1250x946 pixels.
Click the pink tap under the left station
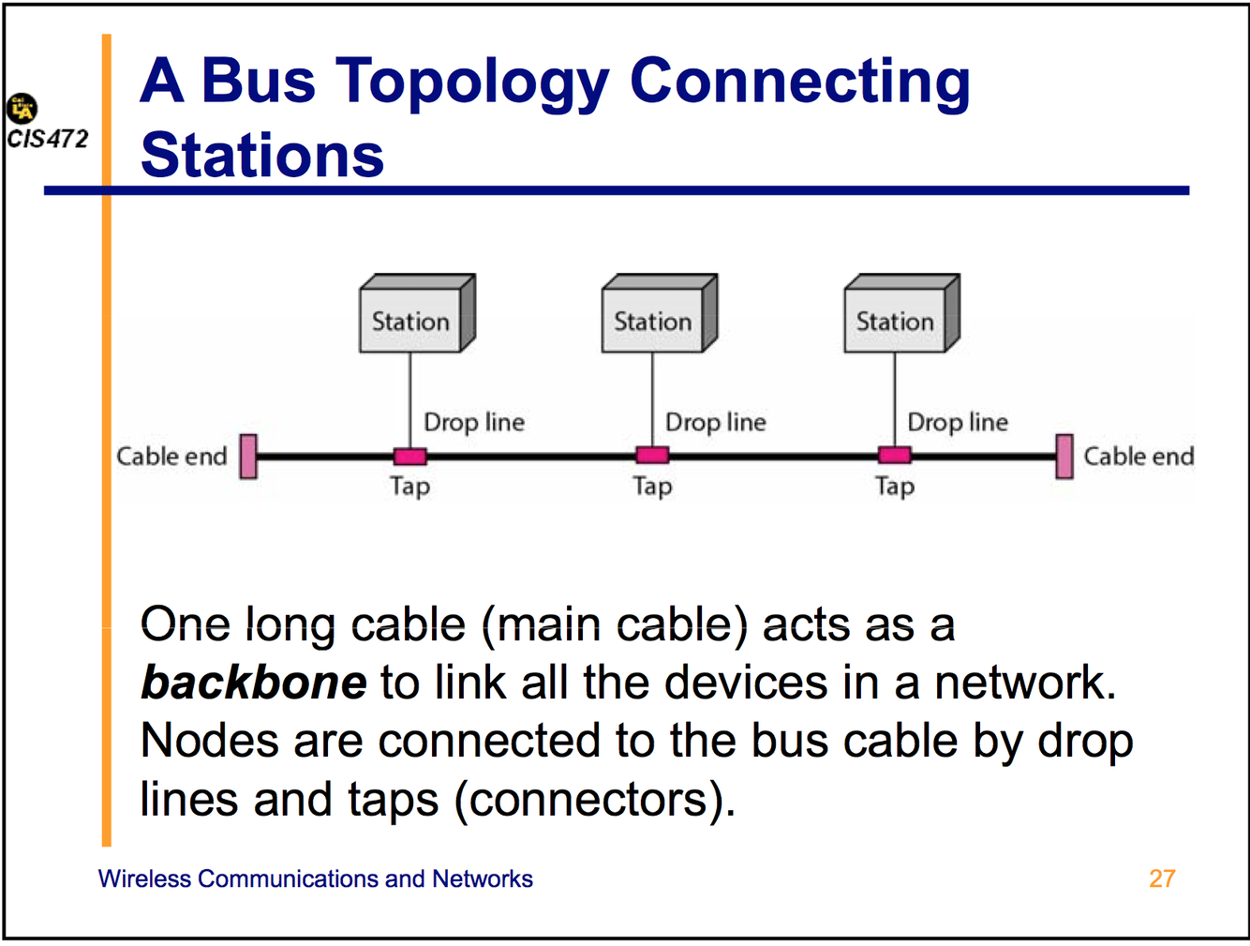coord(409,457)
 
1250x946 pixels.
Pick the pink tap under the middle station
coord(652,456)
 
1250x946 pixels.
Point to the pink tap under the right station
coord(895,456)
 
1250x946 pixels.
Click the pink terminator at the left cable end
coord(248,457)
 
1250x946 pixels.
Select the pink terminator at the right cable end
coord(1064,457)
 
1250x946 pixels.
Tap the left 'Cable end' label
coord(171,457)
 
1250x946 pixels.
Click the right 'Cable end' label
coord(1138,457)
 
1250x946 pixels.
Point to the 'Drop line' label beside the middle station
coord(715,423)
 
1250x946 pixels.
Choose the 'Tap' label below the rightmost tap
coord(895,487)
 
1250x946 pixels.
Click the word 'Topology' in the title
coord(473,83)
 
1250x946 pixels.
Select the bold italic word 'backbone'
coord(253,683)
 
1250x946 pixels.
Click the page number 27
coord(1162,878)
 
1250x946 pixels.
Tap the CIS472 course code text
coord(48,139)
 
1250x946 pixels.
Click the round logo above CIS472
coord(22,109)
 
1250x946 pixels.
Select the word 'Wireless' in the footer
coord(144,878)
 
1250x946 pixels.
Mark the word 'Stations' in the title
coord(262,156)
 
